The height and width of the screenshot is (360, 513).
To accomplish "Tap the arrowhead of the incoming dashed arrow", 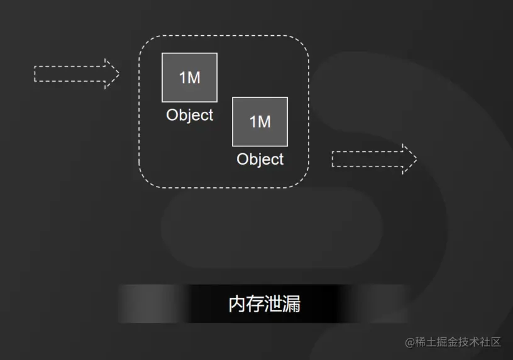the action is pyautogui.click(x=111, y=74).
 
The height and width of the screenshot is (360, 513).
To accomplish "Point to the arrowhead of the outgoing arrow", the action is pyautogui.click(x=409, y=159).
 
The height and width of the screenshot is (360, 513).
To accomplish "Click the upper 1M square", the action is pyautogui.click(x=189, y=77).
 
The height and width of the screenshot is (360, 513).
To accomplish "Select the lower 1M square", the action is pyautogui.click(x=260, y=121).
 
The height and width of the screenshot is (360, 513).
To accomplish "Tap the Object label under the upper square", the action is pyautogui.click(x=189, y=115).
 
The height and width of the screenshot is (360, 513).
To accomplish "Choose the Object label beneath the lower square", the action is pyautogui.click(x=260, y=159).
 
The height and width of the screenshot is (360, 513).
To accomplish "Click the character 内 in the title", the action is pyautogui.click(x=237, y=304).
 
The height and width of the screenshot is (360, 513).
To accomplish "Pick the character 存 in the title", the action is pyautogui.click(x=255, y=304).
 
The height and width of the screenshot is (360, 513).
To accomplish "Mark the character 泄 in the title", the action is pyautogui.click(x=273, y=304).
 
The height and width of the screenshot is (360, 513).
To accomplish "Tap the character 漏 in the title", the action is pyautogui.click(x=292, y=304).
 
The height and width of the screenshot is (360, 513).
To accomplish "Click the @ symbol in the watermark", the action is pyautogui.click(x=411, y=342).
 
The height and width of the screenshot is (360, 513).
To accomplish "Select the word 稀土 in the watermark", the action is pyautogui.click(x=426, y=342).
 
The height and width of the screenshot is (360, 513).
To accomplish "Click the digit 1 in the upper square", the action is pyautogui.click(x=182, y=77).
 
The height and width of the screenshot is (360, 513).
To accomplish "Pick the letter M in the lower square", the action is pyautogui.click(x=264, y=121).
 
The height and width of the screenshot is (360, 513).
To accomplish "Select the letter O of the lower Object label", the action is pyautogui.click(x=243, y=159).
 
